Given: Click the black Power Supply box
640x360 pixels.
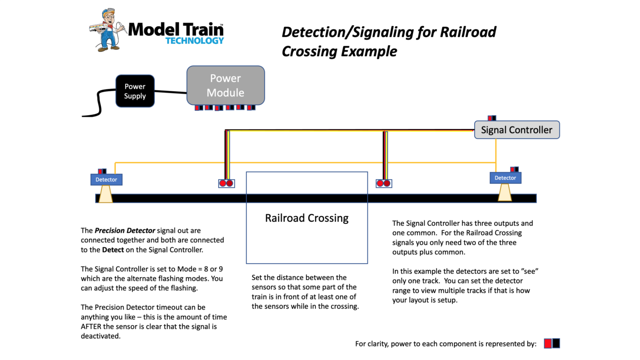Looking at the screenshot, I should (135, 91).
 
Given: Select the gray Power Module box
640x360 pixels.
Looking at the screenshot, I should (225, 85).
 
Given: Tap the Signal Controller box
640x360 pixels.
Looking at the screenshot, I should (516, 130).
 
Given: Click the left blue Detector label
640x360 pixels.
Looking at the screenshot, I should (106, 180).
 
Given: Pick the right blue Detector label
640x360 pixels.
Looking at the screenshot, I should (505, 178).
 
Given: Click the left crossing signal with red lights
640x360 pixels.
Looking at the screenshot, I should (226, 183).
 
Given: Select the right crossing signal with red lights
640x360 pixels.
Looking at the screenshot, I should (384, 183).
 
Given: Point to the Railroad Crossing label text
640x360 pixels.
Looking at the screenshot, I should (306, 218).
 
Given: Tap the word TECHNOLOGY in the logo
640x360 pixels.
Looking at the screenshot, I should (194, 41).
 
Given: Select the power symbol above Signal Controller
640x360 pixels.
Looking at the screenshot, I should (492, 118).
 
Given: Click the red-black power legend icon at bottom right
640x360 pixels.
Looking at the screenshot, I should (552, 344).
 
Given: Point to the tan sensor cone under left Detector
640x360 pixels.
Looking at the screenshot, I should (106, 194).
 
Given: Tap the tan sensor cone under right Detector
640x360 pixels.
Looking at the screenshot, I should (505, 192).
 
